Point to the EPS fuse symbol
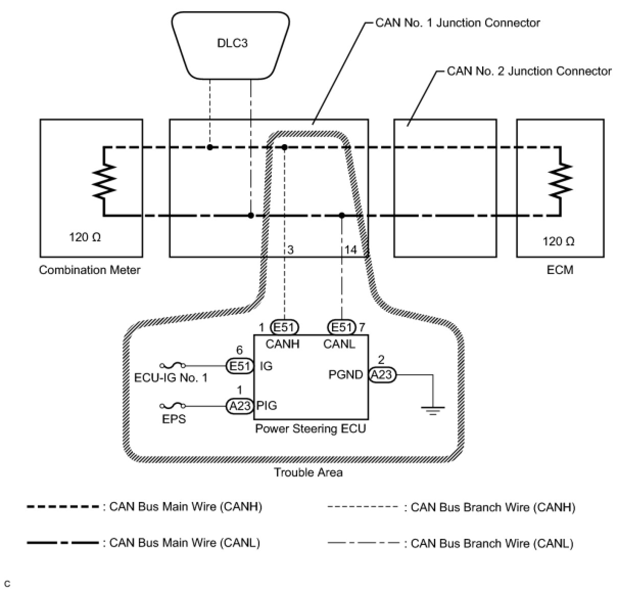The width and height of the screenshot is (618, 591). point(173,406)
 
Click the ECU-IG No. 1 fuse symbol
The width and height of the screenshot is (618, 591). point(173,366)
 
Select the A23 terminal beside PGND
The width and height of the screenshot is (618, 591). point(382,375)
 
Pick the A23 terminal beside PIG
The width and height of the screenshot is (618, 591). point(240,406)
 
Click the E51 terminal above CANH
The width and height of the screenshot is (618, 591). point(284,327)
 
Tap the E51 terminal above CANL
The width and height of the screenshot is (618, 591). point(342,327)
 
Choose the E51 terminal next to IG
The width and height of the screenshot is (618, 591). point(240,366)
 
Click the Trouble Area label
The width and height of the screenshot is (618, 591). point(308,472)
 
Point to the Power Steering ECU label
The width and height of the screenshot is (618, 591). point(311,428)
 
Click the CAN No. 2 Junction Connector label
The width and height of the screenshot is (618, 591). point(529,71)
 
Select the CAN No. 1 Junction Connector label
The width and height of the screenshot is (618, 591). point(458,23)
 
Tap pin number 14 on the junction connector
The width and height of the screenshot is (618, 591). point(350,250)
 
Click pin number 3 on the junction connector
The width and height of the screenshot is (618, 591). point(290,250)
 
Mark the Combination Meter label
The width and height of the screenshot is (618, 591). point(89,270)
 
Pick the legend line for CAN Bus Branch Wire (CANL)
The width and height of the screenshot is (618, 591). point(363,543)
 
